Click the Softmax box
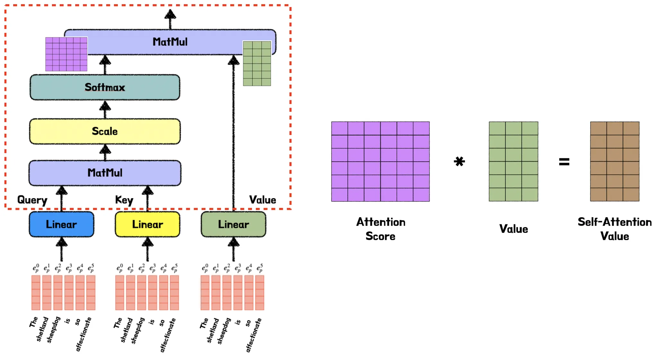105,87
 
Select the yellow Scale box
105,131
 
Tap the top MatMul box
170,42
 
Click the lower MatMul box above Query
105,173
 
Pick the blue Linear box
61,224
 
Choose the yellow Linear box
147,224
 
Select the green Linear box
234,224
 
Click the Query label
32,200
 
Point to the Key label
124,200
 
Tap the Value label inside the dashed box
262,200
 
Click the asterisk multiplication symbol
459,161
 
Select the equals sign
564,161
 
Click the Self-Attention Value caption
615,229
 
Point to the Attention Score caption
381,229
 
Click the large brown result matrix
615,161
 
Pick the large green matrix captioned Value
513,161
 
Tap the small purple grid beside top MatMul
66,54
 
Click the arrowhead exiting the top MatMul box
170,14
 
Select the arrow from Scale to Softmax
105,109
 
